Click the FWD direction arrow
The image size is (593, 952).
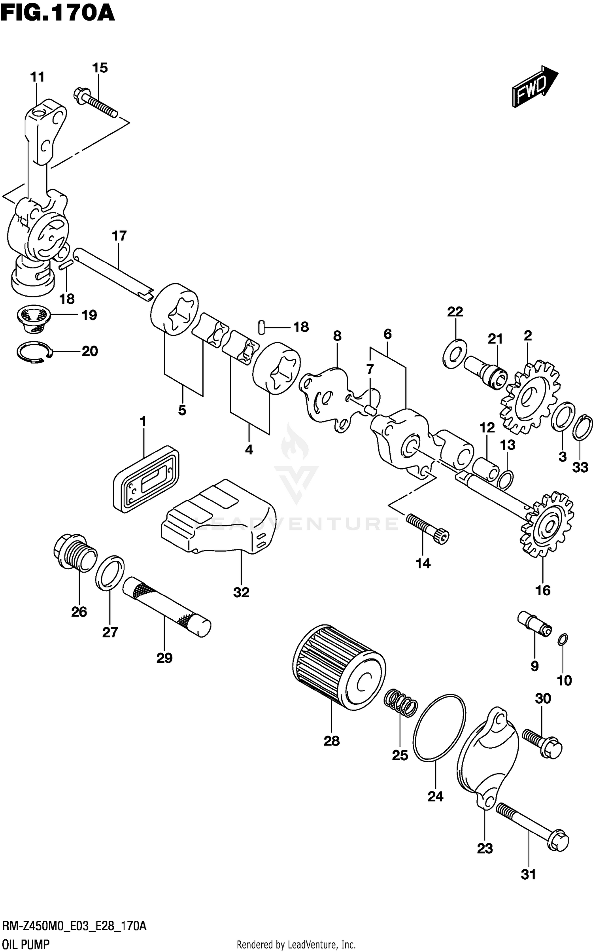click(534, 87)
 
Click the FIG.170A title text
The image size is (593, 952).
click(58, 13)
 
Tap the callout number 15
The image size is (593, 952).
click(100, 68)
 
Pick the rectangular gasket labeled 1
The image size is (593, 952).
click(145, 479)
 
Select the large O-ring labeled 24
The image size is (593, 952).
click(439, 728)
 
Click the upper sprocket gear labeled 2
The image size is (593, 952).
click(530, 397)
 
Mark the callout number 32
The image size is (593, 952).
click(241, 592)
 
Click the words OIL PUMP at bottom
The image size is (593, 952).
click(26, 944)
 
